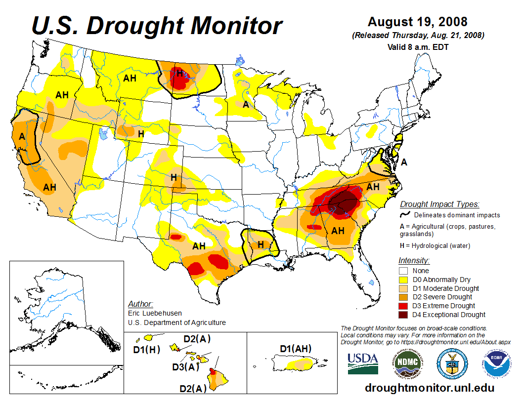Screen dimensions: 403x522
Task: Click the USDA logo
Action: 363,363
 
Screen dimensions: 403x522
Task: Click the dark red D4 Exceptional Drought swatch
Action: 403,315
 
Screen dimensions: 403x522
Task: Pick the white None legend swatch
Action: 403,271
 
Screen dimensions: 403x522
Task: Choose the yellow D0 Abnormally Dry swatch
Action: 403,280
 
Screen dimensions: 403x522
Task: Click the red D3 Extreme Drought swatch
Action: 403,306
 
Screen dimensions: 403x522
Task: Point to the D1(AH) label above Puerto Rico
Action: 295,349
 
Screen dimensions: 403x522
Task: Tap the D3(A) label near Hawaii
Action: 185,366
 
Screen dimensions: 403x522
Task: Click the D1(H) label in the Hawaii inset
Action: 147,350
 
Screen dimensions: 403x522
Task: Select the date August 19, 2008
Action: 417,22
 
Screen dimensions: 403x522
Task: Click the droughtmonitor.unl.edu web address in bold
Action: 429,388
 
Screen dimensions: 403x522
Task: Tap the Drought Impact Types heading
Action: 439,204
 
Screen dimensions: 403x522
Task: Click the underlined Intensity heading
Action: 414,260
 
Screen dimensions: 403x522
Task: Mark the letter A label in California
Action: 22,136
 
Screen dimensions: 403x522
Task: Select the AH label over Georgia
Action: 338,231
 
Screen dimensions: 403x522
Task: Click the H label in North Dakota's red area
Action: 180,74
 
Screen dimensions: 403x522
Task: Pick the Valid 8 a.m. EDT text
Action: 418,47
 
